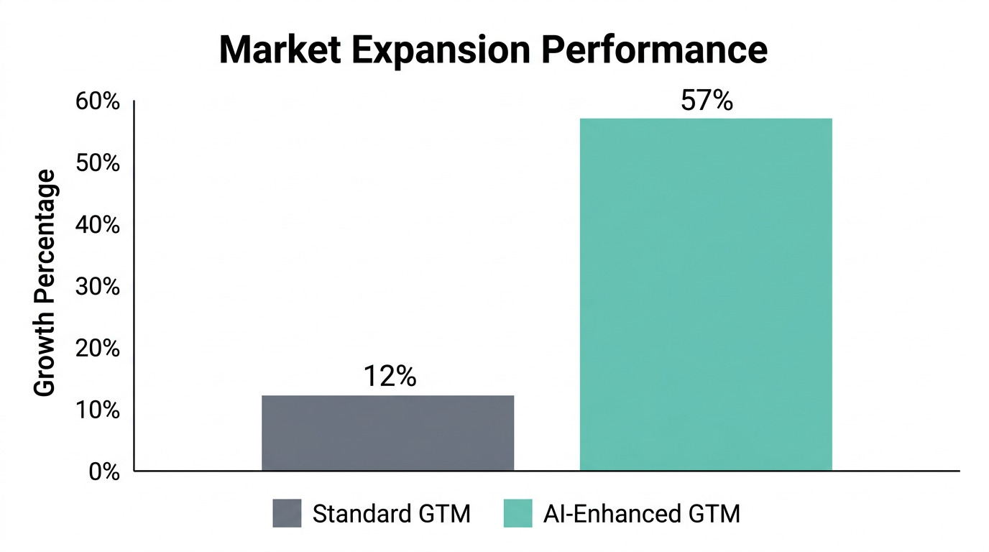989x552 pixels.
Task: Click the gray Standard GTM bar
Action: pyautogui.click(x=387, y=433)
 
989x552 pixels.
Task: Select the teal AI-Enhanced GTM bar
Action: pyautogui.click(x=705, y=295)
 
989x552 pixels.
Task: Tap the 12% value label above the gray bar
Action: pyautogui.click(x=390, y=377)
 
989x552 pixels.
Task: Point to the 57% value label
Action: pyautogui.click(x=707, y=101)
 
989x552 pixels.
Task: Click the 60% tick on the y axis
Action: pyautogui.click(x=97, y=102)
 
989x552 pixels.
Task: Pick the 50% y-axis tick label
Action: pyautogui.click(x=97, y=163)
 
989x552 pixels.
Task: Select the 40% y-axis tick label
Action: pyautogui.click(x=97, y=225)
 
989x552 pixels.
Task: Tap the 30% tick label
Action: pyautogui.click(x=97, y=287)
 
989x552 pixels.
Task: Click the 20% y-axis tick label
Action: pyautogui.click(x=97, y=349)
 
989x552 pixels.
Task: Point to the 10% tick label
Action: pyautogui.click(x=97, y=410)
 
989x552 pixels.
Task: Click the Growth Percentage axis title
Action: pyautogui.click(x=45, y=282)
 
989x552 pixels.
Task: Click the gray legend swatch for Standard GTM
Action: pyautogui.click(x=287, y=514)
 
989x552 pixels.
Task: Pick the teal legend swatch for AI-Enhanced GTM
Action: pyautogui.click(x=517, y=514)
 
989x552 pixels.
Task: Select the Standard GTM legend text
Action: pyautogui.click(x=392, y=514)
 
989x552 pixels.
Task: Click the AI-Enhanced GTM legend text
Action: pyautogui.click(x=641, y=514)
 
